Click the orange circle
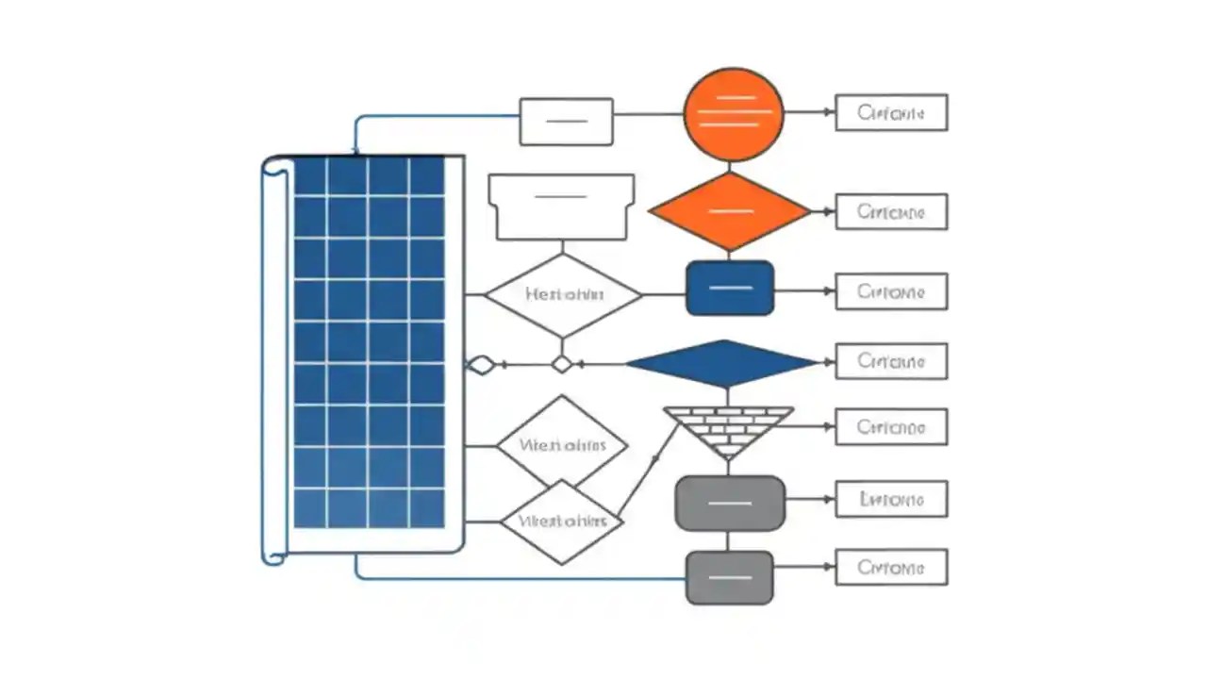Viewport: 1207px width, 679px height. point(734,112)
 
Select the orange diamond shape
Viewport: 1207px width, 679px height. point(730,211)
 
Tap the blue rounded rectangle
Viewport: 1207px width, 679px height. point(730,289)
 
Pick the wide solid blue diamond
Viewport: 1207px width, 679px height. point(722,363)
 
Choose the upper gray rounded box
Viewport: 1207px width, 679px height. point(730,504)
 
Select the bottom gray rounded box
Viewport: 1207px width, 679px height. point(729,577)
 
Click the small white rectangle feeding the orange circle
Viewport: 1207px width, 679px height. point(566,122)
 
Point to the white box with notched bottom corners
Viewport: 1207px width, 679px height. point(561,207)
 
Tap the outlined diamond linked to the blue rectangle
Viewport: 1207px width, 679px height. point(563,295)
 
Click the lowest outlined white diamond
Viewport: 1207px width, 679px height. point(561,521)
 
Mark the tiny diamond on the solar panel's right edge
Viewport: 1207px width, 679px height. point(481,365)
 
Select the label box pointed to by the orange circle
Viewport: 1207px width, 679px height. point(891,113)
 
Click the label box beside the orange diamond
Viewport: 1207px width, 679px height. point(891,212)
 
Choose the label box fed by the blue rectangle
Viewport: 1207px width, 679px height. point(891,291)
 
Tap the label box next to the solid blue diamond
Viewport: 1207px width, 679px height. point(891,361)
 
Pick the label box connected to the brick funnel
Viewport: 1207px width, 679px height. point(891,427)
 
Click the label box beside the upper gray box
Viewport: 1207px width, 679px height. point(891,499)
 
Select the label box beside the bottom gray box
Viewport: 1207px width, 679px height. point(891,568)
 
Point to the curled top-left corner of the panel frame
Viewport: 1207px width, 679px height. point(273,167)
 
